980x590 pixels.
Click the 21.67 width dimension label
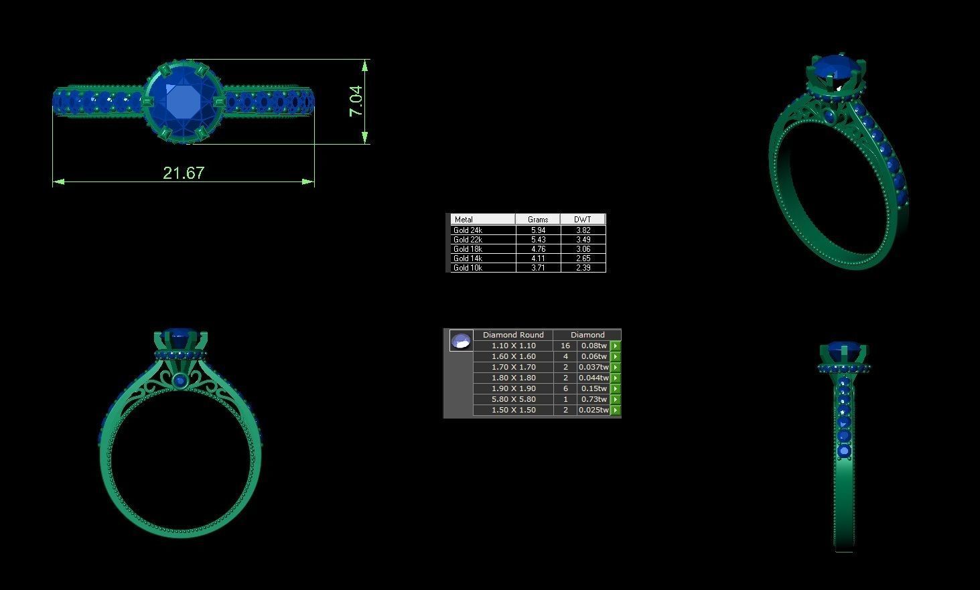184,173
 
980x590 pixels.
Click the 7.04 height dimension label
356,100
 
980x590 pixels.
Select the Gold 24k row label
468,230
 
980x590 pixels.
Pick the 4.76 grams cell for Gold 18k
538,249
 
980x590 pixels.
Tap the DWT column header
583,219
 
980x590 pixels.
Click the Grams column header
538,219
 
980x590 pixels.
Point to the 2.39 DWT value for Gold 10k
583,268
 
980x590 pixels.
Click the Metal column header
464,219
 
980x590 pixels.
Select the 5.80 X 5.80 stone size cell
513,399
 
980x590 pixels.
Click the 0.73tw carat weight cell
593,399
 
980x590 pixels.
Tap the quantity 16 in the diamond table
565,346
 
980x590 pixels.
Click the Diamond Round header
513,335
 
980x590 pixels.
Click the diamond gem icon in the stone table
461,341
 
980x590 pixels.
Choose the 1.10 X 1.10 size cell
513,346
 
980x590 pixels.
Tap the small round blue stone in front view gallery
180,381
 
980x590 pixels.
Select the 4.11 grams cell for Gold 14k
538,259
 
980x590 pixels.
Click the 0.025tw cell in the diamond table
593,410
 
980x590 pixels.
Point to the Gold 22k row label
468,240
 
